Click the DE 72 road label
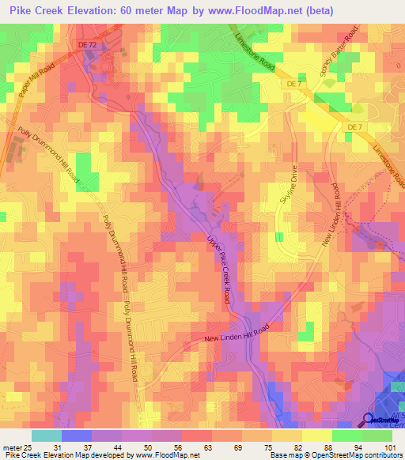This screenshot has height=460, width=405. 88,45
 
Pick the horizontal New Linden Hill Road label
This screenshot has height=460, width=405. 238,334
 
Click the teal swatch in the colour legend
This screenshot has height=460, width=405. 47,435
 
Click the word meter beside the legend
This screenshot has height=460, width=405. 10,448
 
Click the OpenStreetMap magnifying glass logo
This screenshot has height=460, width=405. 369,420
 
